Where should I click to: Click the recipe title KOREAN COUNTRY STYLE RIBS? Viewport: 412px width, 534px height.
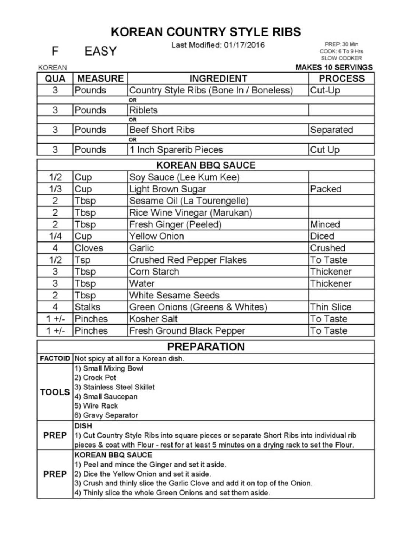[206, 32]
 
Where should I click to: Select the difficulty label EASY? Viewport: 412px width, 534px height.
[100, 51]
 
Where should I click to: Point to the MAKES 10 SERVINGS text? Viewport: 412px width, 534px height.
[334, 67]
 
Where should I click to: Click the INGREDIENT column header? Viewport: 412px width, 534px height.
[218, 78]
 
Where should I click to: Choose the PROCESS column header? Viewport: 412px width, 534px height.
[341, 78]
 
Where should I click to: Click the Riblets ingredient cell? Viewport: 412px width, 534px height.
[143, 110]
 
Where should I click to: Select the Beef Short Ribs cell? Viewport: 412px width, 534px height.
[162, 130]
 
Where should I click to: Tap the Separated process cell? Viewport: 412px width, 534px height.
[331, 130]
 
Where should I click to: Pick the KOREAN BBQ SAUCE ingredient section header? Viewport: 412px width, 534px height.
[206, 165]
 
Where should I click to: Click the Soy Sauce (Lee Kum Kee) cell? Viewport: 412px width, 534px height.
[184, 177]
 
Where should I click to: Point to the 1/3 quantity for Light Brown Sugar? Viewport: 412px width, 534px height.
[55, 189]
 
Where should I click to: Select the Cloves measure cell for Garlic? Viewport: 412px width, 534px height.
[89, 248]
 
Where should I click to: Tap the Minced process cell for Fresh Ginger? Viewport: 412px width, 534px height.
[325, 224]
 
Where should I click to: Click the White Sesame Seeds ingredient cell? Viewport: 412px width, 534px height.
[174, 296]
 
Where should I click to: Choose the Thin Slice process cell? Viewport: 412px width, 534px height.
[330, 307]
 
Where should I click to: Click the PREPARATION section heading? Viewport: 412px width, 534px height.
[206, 347]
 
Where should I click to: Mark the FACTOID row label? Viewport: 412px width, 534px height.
[55, 358]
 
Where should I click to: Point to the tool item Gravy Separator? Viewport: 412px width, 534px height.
[106, 415]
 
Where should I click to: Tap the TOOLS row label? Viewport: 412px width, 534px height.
[55, 392]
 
